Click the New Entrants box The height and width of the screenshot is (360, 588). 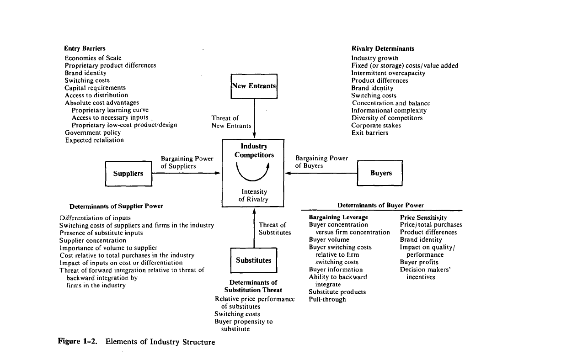pyautogui.click(x=254, y=86)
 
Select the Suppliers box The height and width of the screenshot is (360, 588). pyautogui.click(x=128, y=174)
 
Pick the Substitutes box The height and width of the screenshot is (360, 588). pyautogui.click(x=254, y=260)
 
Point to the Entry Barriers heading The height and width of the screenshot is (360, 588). pyautogui.click(x=85, y=48)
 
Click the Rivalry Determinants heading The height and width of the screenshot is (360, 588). pyautogui.click(x=383, y=48)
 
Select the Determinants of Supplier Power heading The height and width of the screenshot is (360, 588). pyautogui.click(x=116, y=206)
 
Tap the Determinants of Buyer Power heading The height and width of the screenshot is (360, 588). pyautogui.click(x=380, y=206)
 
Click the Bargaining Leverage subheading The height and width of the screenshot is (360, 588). pyautogui.click(x=338, y=217)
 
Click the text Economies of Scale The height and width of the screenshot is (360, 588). pyautogui.click(x=93, y=58)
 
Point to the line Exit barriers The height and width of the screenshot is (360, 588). pyautogui.click(x=369, y=133)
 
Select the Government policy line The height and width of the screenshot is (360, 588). pyautogui.click(x=93, y=132)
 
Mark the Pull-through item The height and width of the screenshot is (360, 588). pyautogui.click(x=327, y=299)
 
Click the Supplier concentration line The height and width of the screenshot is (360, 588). pyautogui.click(x=93, y=240)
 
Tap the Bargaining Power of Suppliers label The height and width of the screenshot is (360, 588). pyautogui.click(x=187, y=163)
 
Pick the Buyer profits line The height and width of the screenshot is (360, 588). pyautogui.click(x=419, y=262)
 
